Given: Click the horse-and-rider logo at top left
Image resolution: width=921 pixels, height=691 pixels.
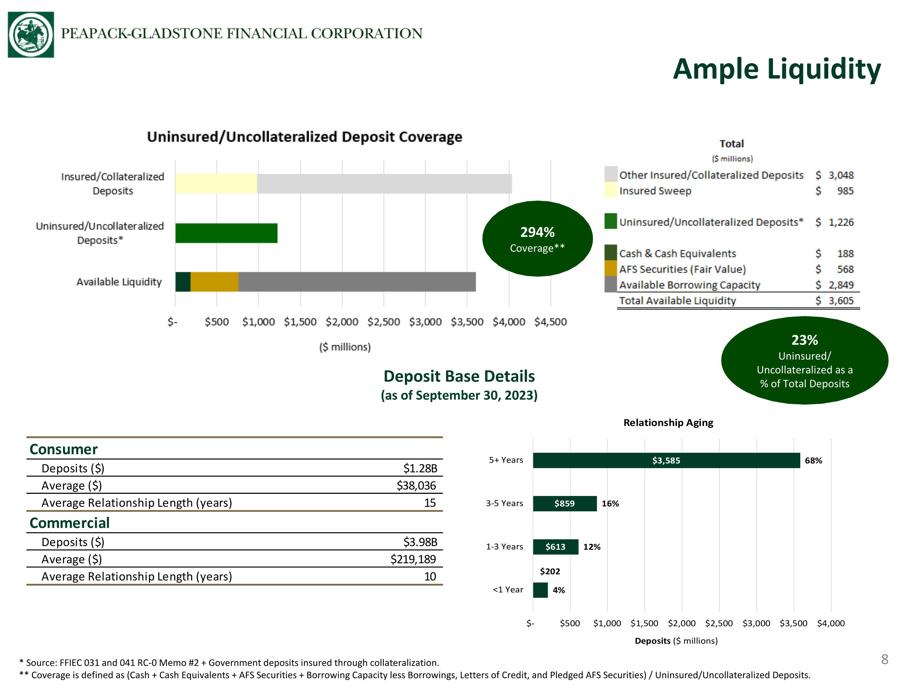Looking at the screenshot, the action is tap(31, 35).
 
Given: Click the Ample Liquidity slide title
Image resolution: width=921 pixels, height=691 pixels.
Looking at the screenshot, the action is tap(777, 69).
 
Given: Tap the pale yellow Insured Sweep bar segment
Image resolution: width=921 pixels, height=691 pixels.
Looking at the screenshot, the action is tap(216, 184).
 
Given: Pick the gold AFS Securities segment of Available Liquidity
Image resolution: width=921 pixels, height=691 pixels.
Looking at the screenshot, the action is tap(214, 282).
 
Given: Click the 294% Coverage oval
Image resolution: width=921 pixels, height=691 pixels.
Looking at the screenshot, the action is tap(538, 239).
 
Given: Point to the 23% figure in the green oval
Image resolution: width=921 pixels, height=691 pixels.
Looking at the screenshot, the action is tap(804, 340).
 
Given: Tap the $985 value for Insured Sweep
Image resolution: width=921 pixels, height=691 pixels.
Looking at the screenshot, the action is tap(835, 191).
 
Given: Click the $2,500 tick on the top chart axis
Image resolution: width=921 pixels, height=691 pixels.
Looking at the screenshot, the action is tap(383, 322).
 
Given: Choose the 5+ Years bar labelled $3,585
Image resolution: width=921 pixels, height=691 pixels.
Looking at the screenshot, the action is tap(666, 460).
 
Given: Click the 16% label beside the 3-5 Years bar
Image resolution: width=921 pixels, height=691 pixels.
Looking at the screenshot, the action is tap(610, 504).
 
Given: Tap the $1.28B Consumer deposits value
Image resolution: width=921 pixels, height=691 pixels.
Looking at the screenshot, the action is tap(420, 469).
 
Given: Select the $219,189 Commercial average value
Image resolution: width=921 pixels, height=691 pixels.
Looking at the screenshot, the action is tap(413, 559).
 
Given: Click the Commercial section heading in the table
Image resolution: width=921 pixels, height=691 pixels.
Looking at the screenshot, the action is tap(69, 523).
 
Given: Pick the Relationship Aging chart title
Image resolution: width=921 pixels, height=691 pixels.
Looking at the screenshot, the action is tap(668, 423).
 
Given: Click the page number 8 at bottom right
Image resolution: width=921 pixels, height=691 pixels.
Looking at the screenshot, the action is tap(885, 659).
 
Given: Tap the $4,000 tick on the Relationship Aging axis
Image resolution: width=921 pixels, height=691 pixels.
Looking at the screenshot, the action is tap(831, 623).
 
